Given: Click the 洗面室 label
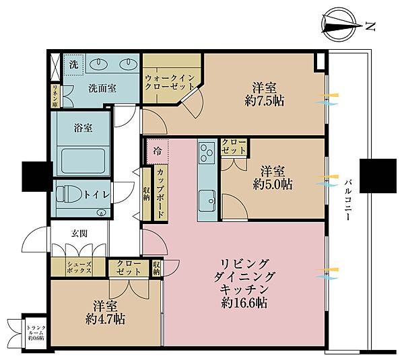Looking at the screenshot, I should click(102, 88).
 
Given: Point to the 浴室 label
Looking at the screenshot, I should click(83, 126).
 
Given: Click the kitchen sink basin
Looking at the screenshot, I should click(206, 200).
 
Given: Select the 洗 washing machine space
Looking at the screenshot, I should click(74, 65).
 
